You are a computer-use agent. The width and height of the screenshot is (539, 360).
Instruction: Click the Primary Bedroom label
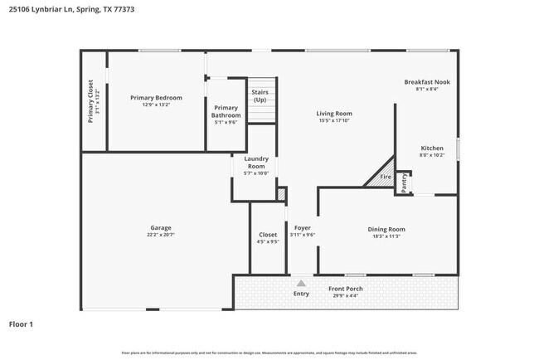click(x=156, y=98)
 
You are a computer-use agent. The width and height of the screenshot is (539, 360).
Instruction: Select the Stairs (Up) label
click(x=260, y=95)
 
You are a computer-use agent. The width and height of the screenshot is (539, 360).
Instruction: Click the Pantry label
click(x=404, y=182)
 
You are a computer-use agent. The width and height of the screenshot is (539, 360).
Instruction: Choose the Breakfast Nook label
click(x=427, y=82)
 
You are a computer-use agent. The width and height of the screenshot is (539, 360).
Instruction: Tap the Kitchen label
click(x=432, y=148)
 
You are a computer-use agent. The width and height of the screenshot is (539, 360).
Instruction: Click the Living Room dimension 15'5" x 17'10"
click(x=334, y=120)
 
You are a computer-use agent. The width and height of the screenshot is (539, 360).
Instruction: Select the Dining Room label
click(x=386, y=229)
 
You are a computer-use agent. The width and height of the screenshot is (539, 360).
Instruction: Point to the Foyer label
click(x=302, y=227)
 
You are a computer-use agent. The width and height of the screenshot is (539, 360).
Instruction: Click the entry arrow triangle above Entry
click(x=301, y=283)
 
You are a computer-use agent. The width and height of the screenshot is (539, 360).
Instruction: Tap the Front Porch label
click(x=345, y=289)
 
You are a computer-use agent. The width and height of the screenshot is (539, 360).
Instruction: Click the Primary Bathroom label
click(x=226, y=111)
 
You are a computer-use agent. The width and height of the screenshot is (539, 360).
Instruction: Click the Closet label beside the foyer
click(x=268, y=235)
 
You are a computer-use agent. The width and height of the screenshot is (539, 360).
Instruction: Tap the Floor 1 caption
click(x=21, y=324)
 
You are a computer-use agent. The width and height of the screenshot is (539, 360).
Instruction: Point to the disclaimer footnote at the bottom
click(x=269, y=353)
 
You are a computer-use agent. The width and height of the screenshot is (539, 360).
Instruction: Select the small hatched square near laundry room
click(x=281, y=194)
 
